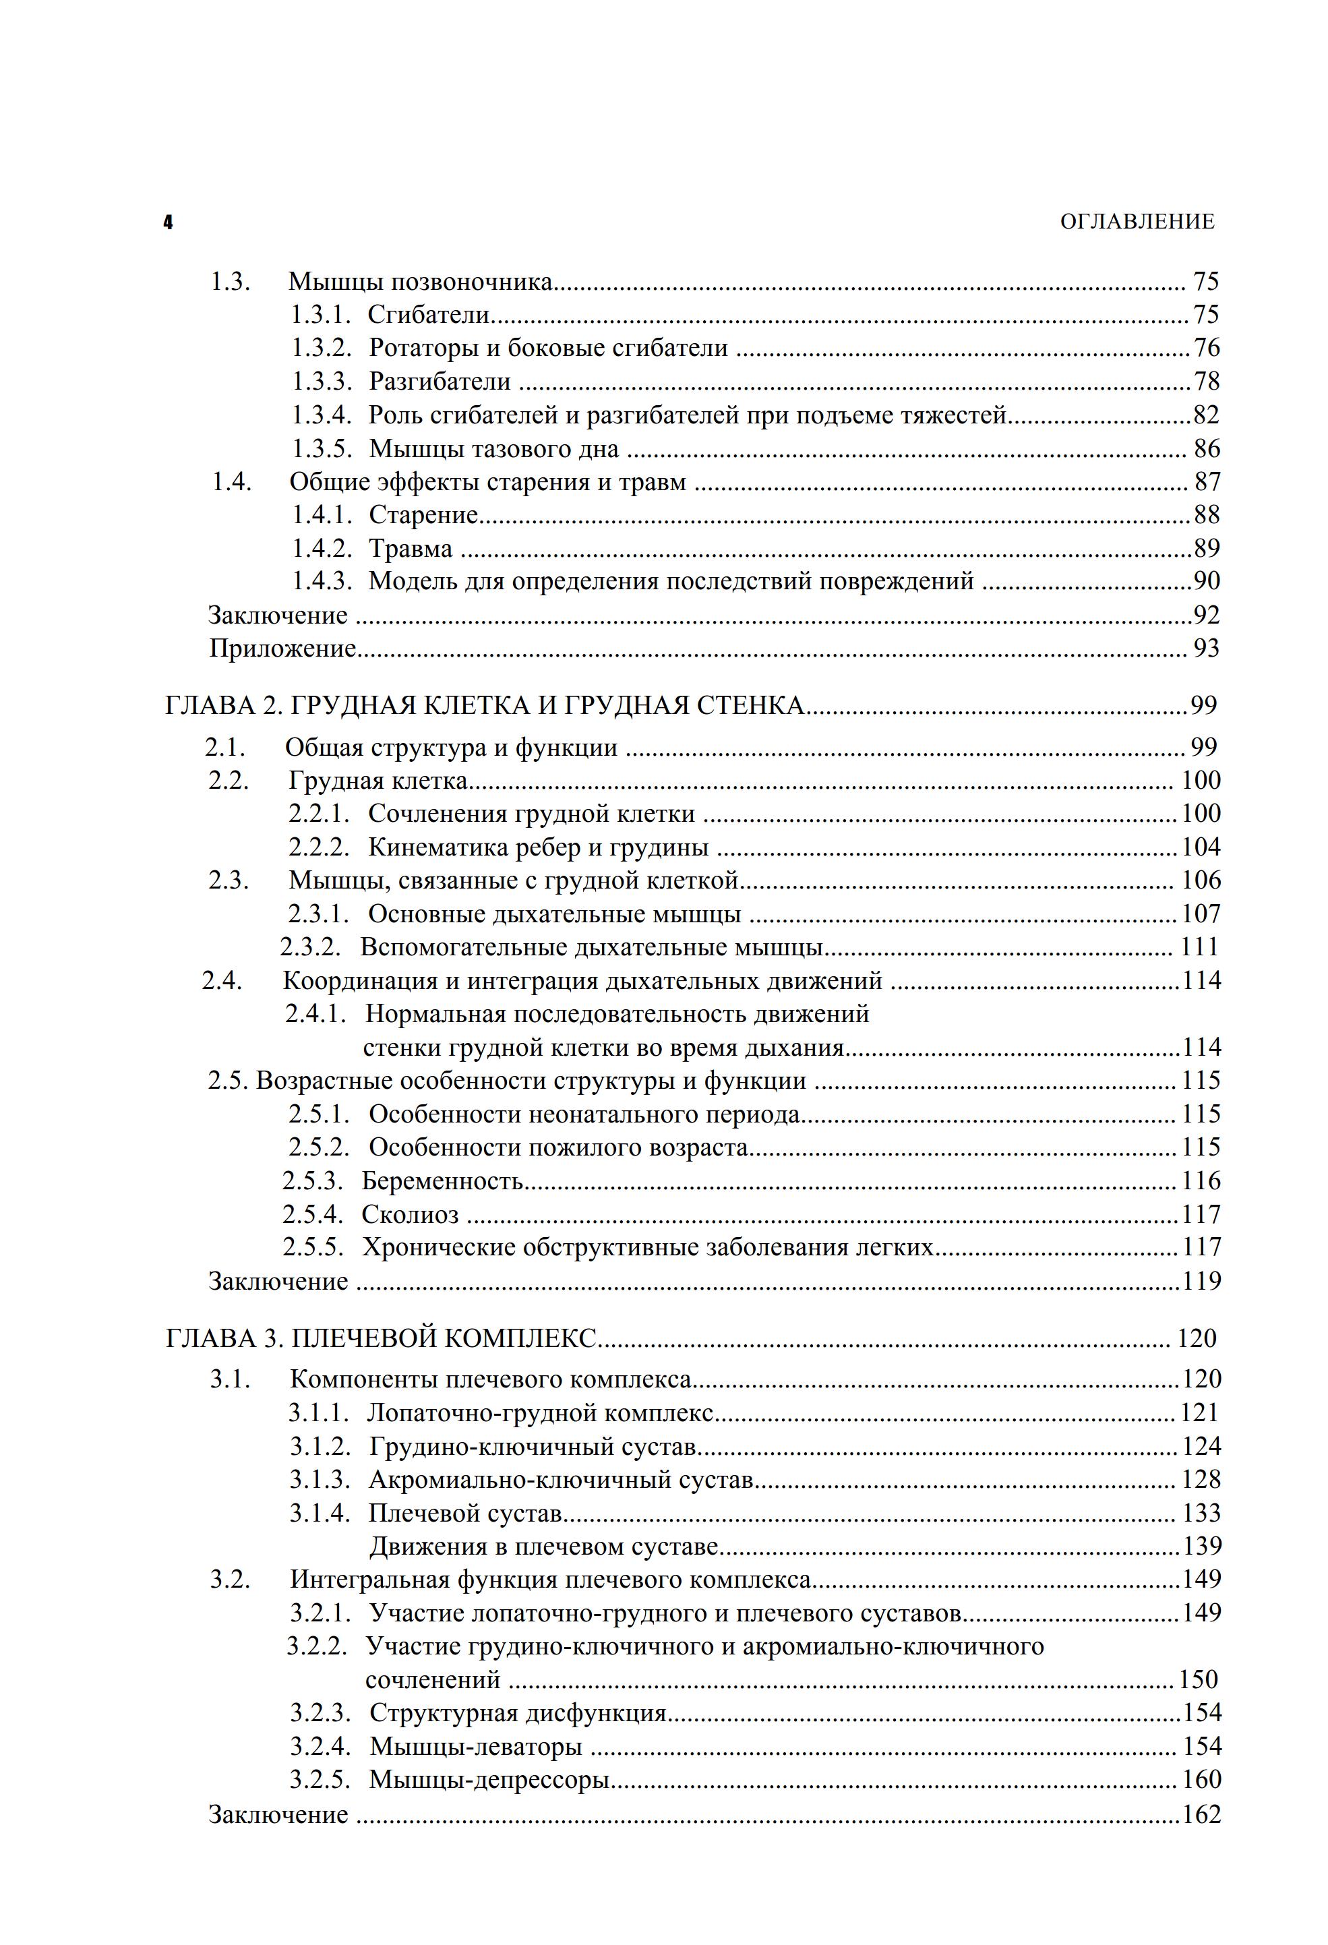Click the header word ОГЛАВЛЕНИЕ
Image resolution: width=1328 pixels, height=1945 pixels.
pos(1137,222)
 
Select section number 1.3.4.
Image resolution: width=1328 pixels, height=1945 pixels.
pos(322,415)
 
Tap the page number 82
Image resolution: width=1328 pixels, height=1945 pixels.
pos(1206,415)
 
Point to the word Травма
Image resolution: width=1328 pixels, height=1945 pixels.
pos(410,549)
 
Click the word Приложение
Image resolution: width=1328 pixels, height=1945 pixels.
pos(283,649)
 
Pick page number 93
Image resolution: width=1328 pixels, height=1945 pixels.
pos(1206,649)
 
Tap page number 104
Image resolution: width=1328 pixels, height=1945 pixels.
pos(1201,848)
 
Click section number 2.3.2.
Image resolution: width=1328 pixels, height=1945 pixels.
pos(311,947)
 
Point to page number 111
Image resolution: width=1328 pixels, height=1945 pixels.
pos(1199,947)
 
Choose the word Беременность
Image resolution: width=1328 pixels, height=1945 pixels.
pos(442,1181)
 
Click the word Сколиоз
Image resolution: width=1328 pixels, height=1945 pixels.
pos(409,1214)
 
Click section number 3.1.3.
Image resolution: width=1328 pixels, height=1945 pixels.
pos(320,1480)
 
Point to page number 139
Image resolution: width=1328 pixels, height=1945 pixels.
pos(1202,1546)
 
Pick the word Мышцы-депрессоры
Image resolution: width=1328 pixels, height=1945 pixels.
pos(489,1779)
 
